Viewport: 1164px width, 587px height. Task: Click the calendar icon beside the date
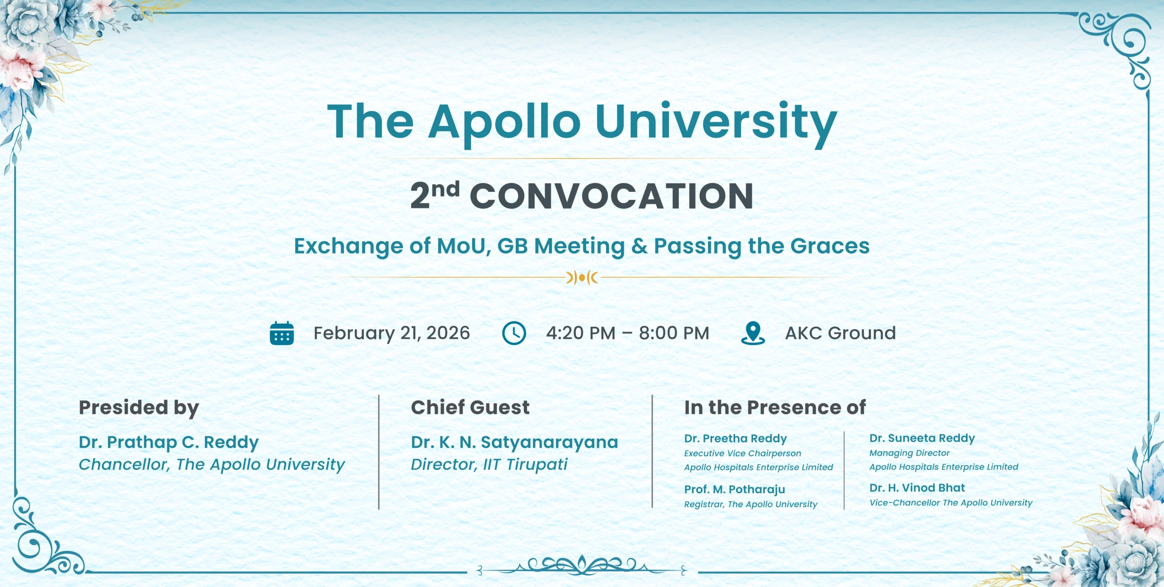pos(282,333)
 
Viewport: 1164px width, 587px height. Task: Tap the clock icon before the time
pos(514,333)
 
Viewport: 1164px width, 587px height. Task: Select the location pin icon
pos(753,333)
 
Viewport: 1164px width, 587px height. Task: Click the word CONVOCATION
pos(612,196)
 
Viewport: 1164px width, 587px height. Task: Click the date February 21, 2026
pos(391,334)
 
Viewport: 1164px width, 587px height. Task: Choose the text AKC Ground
pos(840,333)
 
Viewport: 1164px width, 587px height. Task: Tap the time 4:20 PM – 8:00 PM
pos(627,333)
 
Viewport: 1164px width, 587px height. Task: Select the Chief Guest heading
pos(470,407)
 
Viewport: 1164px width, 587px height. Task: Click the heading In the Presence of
pos(775,407)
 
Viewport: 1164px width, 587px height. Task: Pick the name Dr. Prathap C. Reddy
pos(169,442)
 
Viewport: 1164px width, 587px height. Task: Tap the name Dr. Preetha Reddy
pos(735,438)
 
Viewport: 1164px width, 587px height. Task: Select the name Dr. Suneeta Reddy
pos(922,438)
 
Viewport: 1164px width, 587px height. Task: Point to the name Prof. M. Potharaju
pos(734,489)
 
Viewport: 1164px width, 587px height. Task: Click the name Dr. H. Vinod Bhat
pos(917,488)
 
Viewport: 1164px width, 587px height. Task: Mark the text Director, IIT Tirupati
pos(489,465)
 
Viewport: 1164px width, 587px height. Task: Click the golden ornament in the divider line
pos(582,277)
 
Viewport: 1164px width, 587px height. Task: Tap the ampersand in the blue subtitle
pos(639,246)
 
